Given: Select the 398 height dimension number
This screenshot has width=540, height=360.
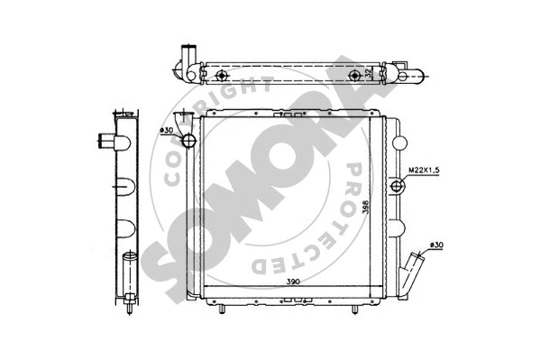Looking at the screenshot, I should pos(365,207).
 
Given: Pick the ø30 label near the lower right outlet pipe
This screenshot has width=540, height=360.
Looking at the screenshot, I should pos(435,245).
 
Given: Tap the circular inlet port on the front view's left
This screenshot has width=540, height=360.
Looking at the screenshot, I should pos(188,142).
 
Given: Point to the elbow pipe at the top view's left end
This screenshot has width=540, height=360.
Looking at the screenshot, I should pos(187,56).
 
